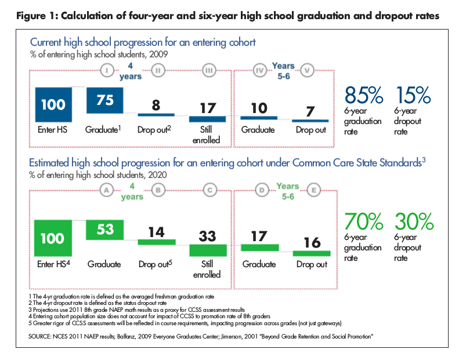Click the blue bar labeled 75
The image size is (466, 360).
pyautogui.click(x=105, y=100)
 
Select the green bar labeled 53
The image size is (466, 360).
pyautogui.click(x=105, y=230)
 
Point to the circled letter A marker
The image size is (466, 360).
pyautogui.click(x=105, y=189)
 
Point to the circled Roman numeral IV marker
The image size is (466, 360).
pyautogui.click(x=260, y=71)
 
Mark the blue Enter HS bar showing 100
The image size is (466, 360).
pyautogui.click(x=53, y=106)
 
